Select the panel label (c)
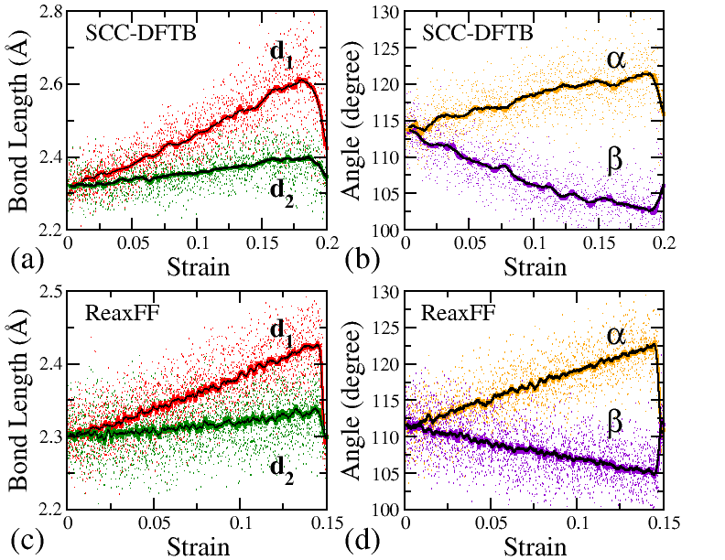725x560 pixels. tap(25, 539)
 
